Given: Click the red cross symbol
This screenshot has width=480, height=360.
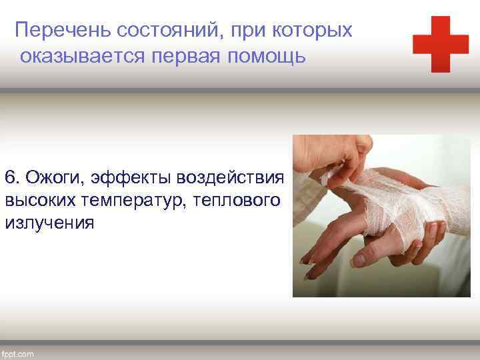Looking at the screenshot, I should tap(440, 45).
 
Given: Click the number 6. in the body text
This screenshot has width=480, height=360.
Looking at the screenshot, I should tap(13, 178).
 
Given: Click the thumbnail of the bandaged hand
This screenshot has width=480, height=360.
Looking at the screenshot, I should tap(381, 215).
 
